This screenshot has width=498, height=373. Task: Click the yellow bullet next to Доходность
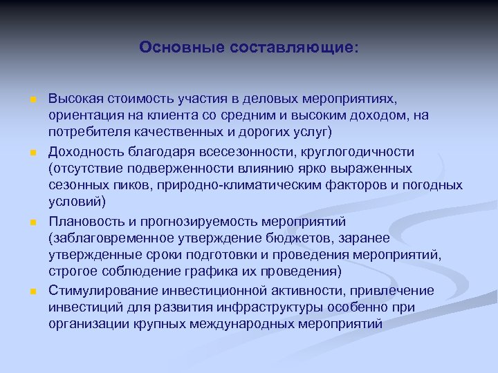point(32,151)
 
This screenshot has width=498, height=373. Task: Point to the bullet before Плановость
point(32,222)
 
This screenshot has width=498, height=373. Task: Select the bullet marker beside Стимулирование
point(32,291)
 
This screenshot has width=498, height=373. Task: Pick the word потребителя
point(87,132)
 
